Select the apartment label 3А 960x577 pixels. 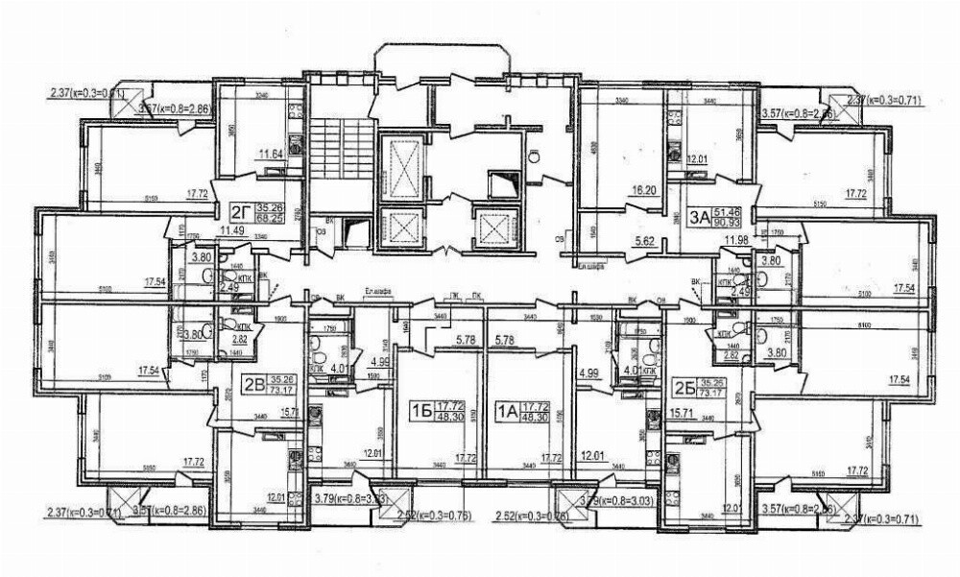(x=700, y=217)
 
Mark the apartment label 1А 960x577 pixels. (x=505, y=412)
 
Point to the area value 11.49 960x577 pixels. (x=233, y=230)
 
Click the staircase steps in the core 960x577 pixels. (x=337, y=150)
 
